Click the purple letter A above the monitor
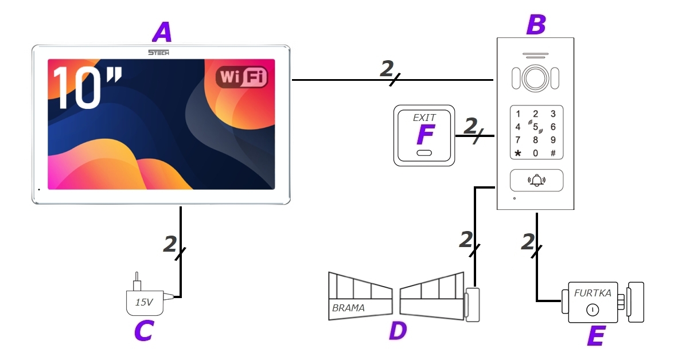coord(162,33)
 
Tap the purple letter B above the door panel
coord(536,25)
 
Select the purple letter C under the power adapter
coord(143,331)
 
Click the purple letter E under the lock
coord(596,335)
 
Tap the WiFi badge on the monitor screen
coord(241,77)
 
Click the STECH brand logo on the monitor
coord(159,52)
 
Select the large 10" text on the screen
coord(87,88)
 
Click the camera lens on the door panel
coord(535,78)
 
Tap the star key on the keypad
coord(518,154)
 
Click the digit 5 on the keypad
coord(535,127)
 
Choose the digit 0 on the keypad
coord(535,153)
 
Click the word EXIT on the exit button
coord(424,118)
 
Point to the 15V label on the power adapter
coord(144,302)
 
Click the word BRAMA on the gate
coord(348,308)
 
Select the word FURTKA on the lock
coord(593,293)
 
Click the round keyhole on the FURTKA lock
coord(593,310)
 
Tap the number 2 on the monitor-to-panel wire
coord(387,68)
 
